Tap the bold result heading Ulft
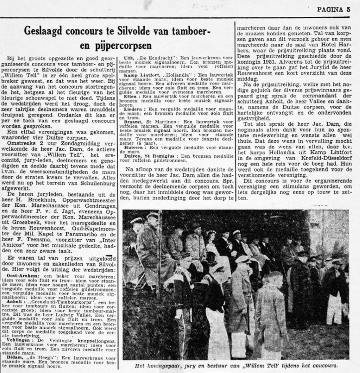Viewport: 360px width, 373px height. pyautogui.click(x=129, y=59)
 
